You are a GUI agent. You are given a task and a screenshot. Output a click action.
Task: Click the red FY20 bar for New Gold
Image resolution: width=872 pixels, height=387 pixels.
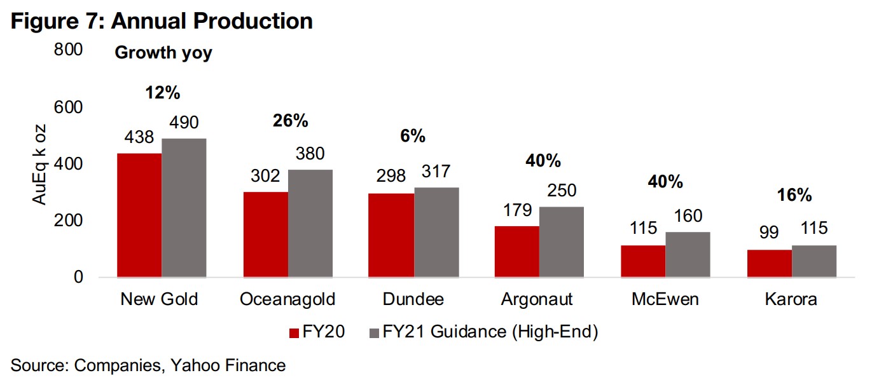(x=139, y=215)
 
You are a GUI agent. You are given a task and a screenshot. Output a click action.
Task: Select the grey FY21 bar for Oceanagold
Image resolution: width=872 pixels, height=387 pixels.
(x=310, y=224)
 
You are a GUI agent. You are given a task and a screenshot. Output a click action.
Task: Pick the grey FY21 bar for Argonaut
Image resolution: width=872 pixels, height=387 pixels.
(x=561, y=242)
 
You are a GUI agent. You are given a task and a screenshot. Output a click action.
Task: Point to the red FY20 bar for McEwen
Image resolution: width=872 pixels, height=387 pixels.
(x=643, y=261)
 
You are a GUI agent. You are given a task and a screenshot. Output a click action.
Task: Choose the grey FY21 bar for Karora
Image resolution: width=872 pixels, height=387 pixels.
(x=813, y=261)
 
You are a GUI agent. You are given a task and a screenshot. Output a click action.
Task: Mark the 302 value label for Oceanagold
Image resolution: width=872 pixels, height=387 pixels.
(x=266, y=176)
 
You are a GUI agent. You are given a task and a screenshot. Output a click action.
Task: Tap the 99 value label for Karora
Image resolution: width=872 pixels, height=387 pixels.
(x=769, y=233)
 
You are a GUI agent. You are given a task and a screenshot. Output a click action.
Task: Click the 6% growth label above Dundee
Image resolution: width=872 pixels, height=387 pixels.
(x=413, y=136)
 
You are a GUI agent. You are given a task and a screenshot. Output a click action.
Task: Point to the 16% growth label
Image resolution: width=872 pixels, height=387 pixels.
(x=795, y=195)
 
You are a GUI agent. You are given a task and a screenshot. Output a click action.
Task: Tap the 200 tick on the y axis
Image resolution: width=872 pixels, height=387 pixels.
(x=70, y=221)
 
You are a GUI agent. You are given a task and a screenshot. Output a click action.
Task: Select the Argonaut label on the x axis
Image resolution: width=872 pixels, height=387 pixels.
(x=537, y=299)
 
